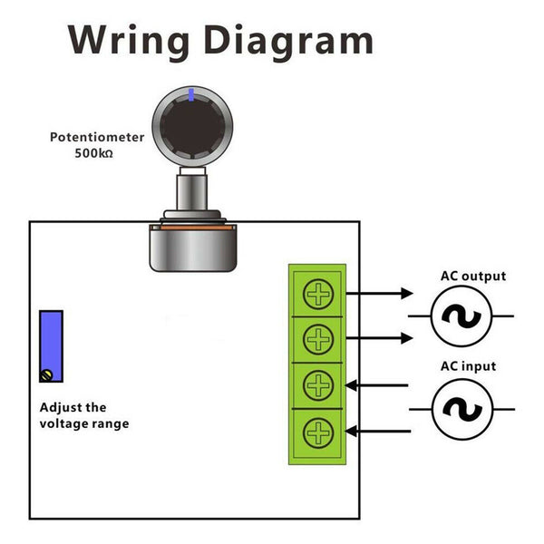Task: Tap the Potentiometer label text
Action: [97, 138]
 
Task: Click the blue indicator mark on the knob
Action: [191, 93]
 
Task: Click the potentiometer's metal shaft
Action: [191, 191]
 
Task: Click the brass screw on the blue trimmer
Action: [47, 374]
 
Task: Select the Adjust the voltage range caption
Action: [84, 415]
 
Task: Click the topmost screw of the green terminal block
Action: [318, 294]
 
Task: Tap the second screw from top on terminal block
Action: [318, 339]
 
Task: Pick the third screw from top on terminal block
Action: [318, 385]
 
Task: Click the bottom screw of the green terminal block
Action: [318, 432]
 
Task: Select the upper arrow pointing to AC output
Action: [380, 294]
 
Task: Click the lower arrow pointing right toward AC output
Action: [380, 338]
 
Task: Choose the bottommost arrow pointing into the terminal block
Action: [380, 431]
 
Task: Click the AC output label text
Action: [472, 277]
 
